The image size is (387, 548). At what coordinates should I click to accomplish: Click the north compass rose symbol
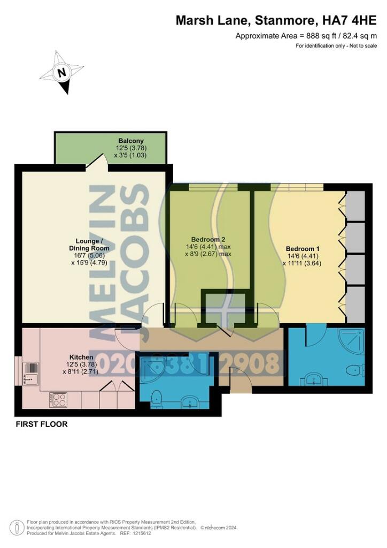point(62,73)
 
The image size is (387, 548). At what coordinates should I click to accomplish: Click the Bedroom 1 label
point(303,249)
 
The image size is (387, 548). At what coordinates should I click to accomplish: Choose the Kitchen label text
point(81,357)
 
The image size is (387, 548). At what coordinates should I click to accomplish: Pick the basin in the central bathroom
point(189,402)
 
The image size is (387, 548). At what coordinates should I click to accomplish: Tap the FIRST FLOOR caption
point(41,424)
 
